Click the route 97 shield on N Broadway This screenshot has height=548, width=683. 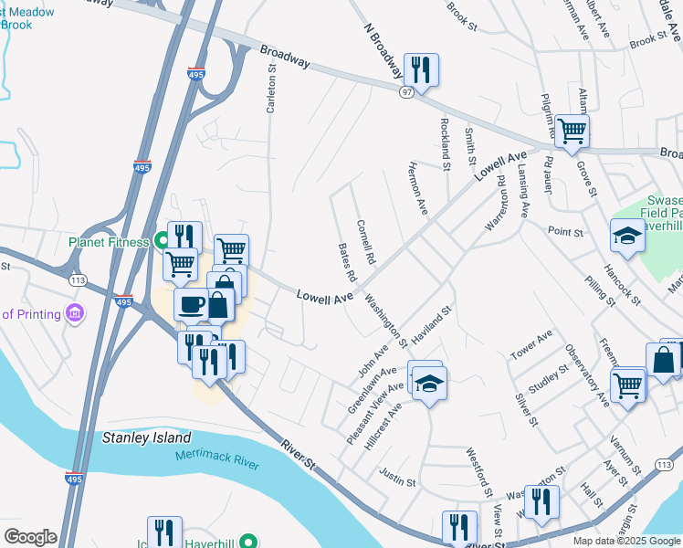click(407, 93)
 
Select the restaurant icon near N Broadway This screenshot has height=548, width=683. click(421, 68)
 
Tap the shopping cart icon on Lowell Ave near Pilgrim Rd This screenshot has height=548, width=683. click(572, 130)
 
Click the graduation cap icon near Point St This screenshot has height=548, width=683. click(626, 236)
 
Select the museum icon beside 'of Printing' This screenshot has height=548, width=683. click(75, 314)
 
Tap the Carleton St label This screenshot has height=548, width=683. click(270, 90)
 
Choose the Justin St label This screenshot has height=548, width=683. click(397, 476)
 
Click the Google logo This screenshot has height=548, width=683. click(30, 537)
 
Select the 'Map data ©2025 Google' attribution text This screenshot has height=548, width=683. click(626, 541)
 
